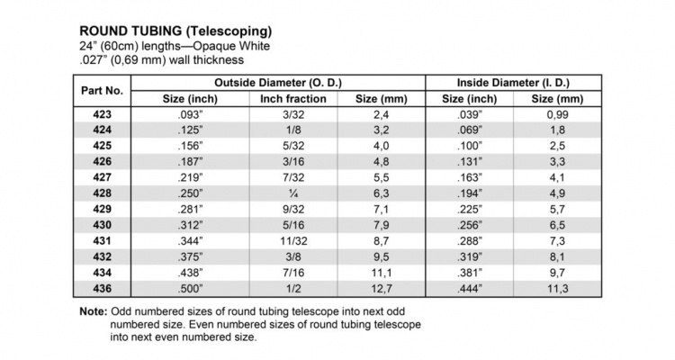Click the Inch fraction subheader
click(x=294, y=98)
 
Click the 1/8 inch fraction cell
click(x=294, y=130)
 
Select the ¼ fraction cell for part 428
click(x=294, y=193)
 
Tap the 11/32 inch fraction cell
click(x=294, y=240)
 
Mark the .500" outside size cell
click(x=191, y=288)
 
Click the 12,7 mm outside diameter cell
click(x=383, y=288)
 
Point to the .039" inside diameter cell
click(x=469, y=115)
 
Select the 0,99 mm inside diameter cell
click(x=558, y=115)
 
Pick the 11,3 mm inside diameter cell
click(x=558, y=288)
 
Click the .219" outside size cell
click(x=191, y=178)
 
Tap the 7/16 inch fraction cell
click(x=294, y=272)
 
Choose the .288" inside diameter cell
click(x=469, y=240)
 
